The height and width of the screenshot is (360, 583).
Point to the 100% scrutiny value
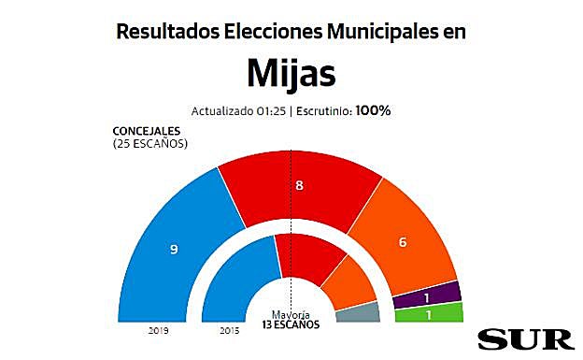[x=372, y=110]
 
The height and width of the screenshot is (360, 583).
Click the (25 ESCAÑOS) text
[x=149, y=144]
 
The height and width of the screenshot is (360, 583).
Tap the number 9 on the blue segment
[x=173, y=250]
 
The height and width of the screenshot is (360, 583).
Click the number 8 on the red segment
[x=299, y=186]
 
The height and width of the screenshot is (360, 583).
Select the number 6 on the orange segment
[x=403, y=242]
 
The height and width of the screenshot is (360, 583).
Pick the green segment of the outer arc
[x=429, y=313]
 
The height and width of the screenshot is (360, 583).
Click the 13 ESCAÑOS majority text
[x=291, y=324]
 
